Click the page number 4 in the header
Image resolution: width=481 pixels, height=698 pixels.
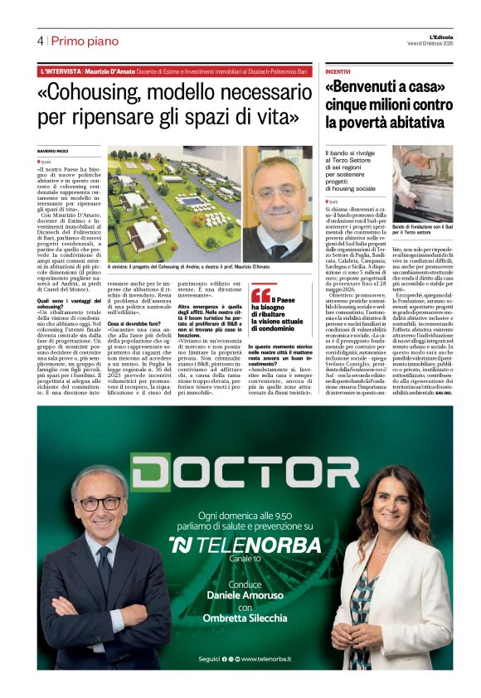(x=40, y=41)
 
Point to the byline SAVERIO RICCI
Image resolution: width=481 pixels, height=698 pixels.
(x=51, y=150)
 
